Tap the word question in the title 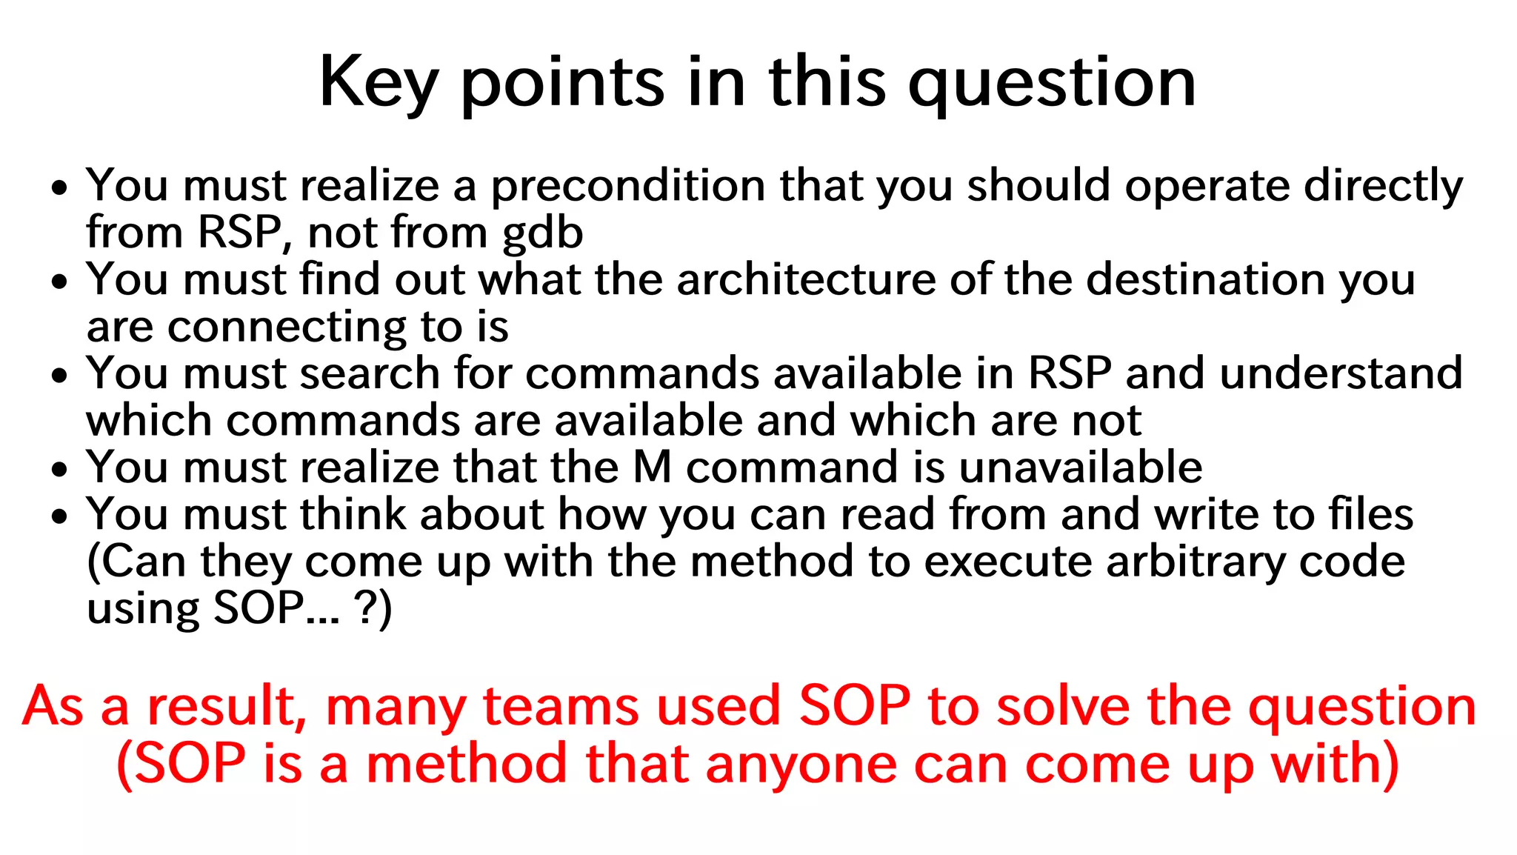[x=1052, y=83]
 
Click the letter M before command [x=652, y=468]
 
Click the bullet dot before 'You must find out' [x=60, y=282]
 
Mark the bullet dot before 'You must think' [x=60, y=516]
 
